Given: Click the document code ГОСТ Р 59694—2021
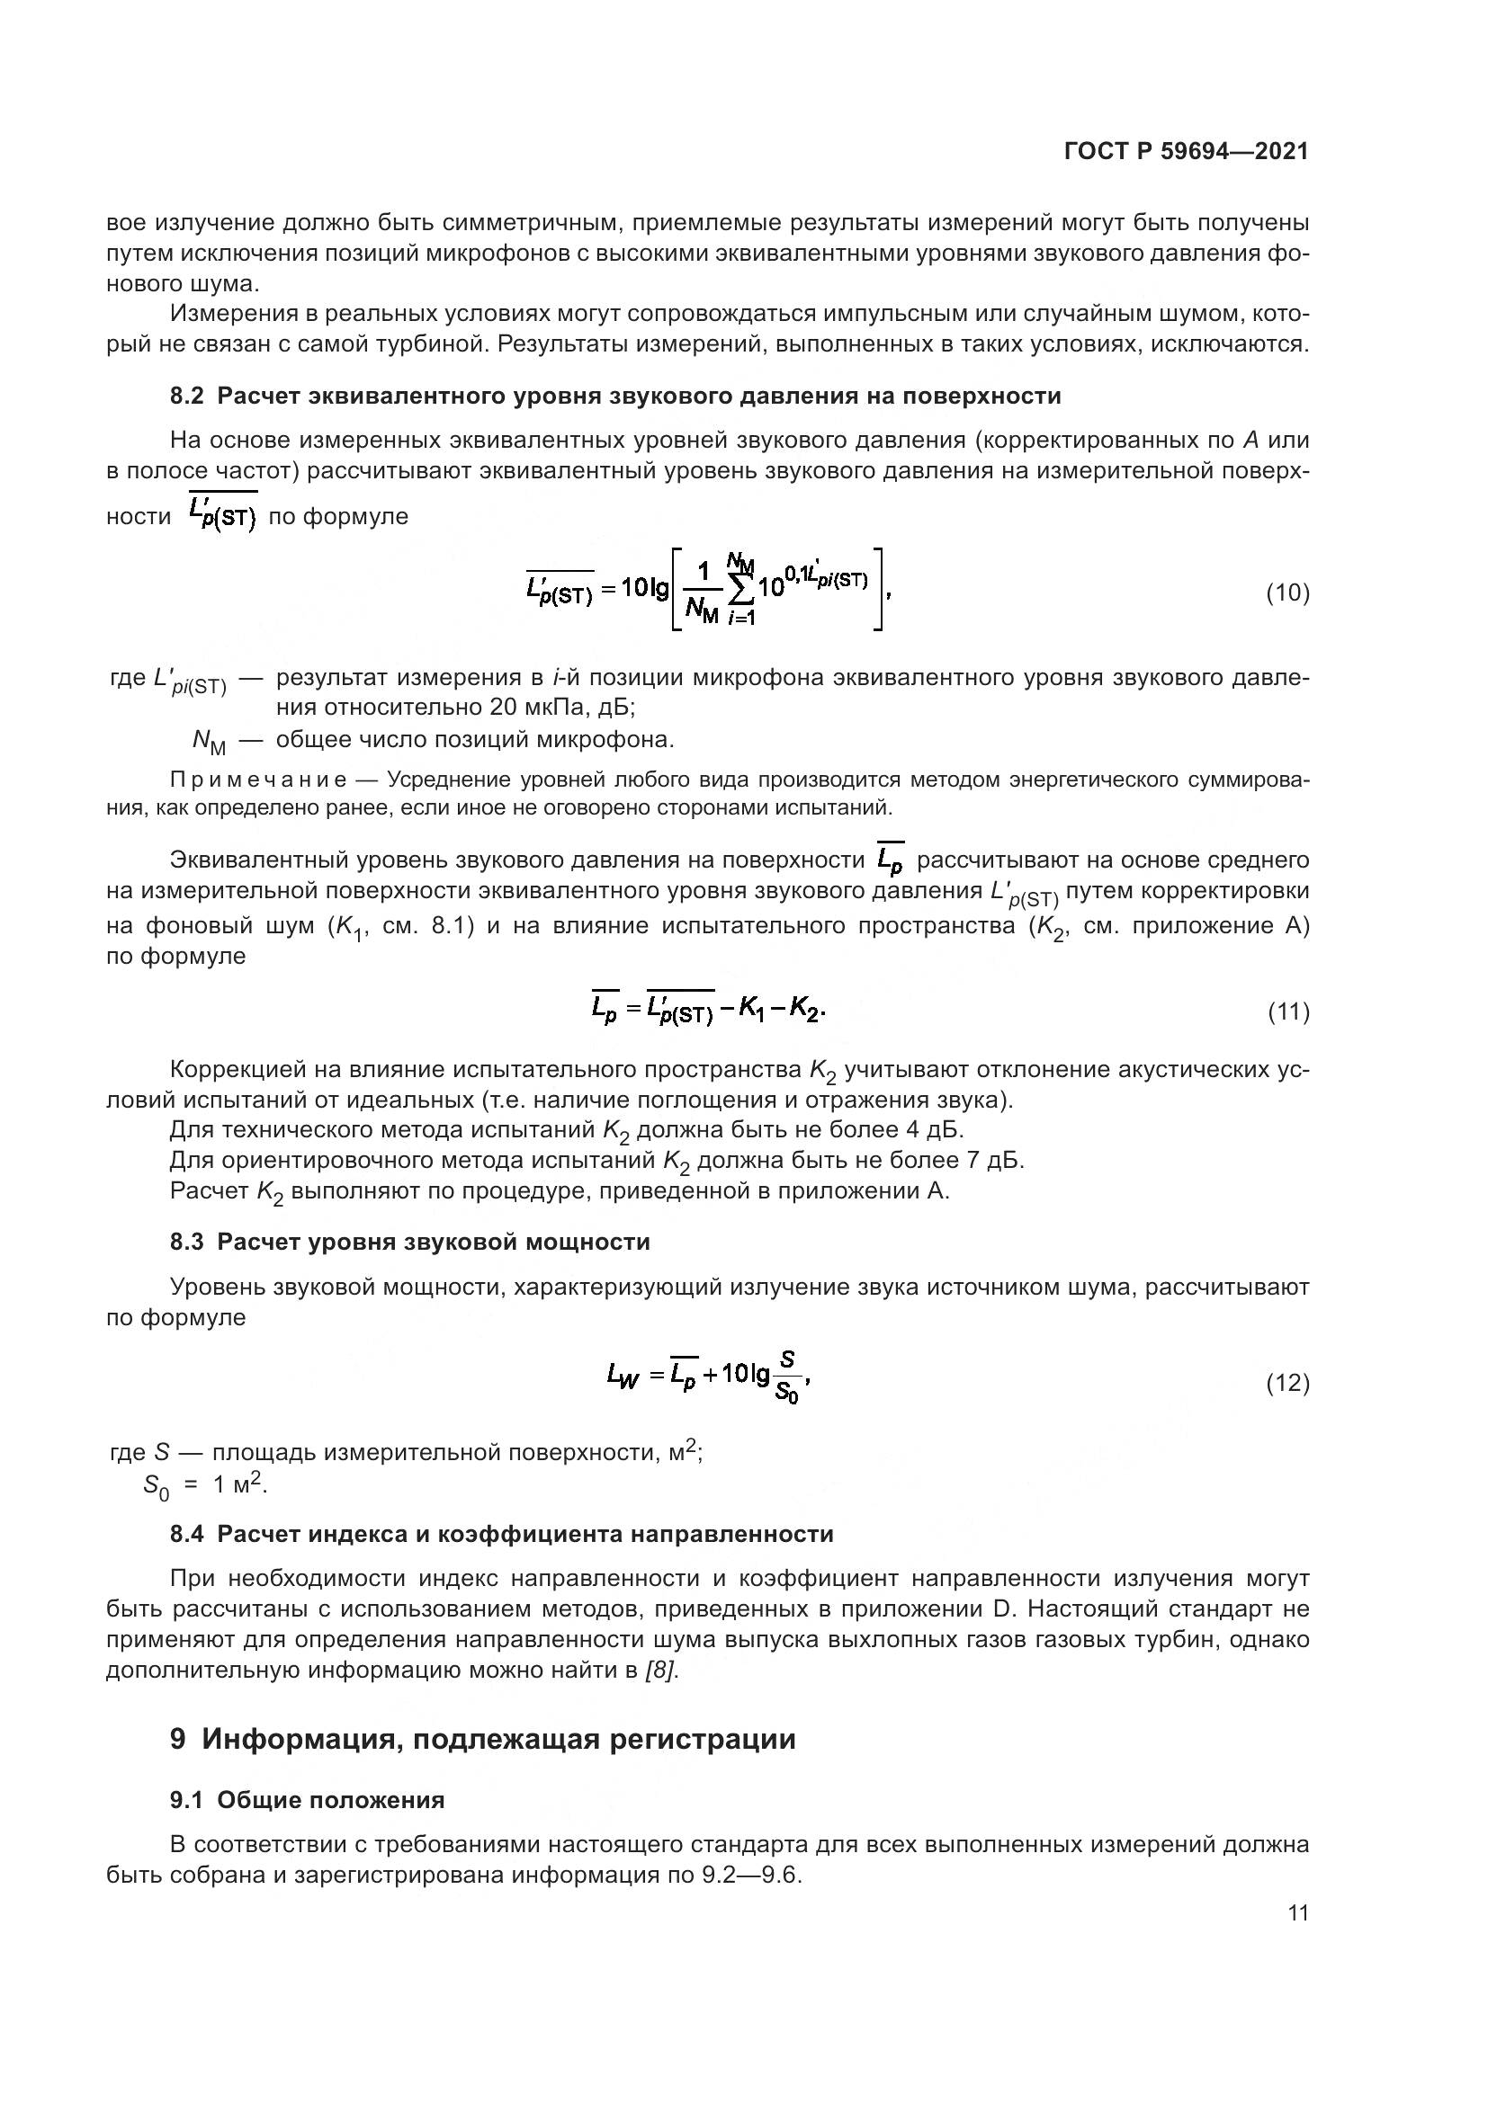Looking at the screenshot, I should (1186, 152).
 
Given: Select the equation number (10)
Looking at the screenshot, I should (1287, 593).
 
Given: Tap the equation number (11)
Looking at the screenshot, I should (1287, 1012).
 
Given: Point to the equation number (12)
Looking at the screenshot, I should (1287, 1383).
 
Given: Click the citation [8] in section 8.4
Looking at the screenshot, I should (661, 1671).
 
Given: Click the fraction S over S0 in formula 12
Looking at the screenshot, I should (786, 1378).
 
